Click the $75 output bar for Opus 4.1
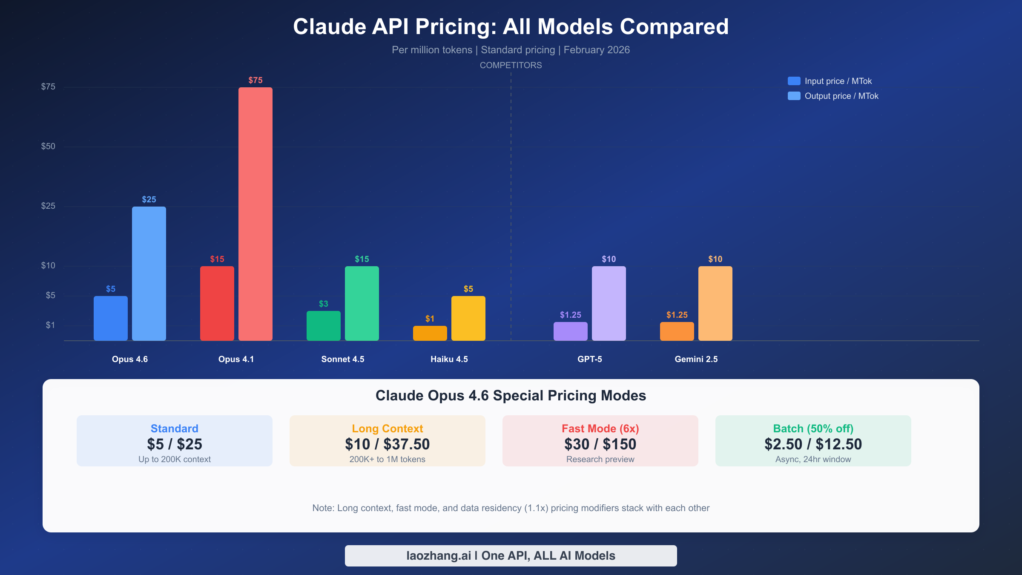(x=255, y=213)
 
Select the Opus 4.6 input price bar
(x=111, y=318)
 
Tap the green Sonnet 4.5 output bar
(x=362, y=303)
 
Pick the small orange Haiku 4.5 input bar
(x=430, y=333)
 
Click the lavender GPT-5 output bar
(x=609, y=303)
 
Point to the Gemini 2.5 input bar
(x=677, y=331)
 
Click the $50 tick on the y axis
(x=48, y=147)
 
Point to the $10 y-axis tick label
(x=48, y=266)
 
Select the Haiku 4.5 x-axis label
(x=449, y=359)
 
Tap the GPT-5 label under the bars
(x=590, y=359)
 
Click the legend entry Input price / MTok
(x=838, y=81)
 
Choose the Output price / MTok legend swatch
(x=794, y=96)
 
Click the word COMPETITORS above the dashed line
(x=511, y=65)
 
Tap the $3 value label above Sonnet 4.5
(x=324, y=304)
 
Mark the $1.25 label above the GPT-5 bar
(x=571, y=315)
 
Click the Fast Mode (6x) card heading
(x=600, y=428)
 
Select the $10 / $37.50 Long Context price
(x=388, y=444)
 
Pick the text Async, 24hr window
(x=813, y=459)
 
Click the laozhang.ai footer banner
(x=511, y=556)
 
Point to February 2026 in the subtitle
(x=597, y=50)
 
